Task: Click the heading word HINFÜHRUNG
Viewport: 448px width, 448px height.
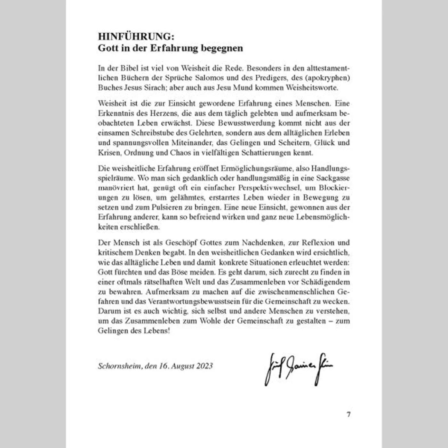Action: coord(134,36)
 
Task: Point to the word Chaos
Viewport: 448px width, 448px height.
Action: coord(180,153)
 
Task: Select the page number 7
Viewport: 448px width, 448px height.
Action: coord(348,414)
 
